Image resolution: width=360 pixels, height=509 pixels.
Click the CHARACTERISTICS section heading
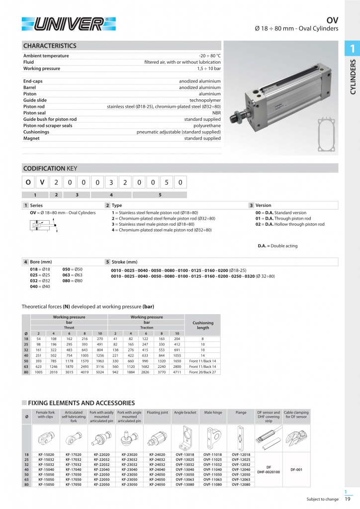(50, 46)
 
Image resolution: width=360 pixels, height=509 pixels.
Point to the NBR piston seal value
(216, 113)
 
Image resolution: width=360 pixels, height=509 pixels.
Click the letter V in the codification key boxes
(42, 182)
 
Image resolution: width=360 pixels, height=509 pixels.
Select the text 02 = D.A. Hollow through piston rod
(289, 224)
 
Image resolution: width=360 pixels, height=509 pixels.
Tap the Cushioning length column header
(202, 325)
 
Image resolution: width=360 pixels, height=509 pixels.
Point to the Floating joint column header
(158, 413)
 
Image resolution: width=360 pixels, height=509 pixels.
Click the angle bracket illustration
(186, 437)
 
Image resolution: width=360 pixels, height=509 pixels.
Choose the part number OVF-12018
(242, 455)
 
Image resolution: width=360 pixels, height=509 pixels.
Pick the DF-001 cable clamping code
(296, 469)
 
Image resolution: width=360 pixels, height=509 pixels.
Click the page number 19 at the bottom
(349, 499)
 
